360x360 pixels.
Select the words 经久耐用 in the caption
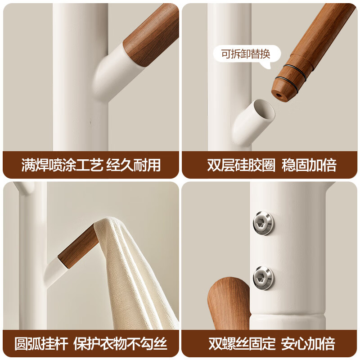click(133, 165)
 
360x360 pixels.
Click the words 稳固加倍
click(310, 165)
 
